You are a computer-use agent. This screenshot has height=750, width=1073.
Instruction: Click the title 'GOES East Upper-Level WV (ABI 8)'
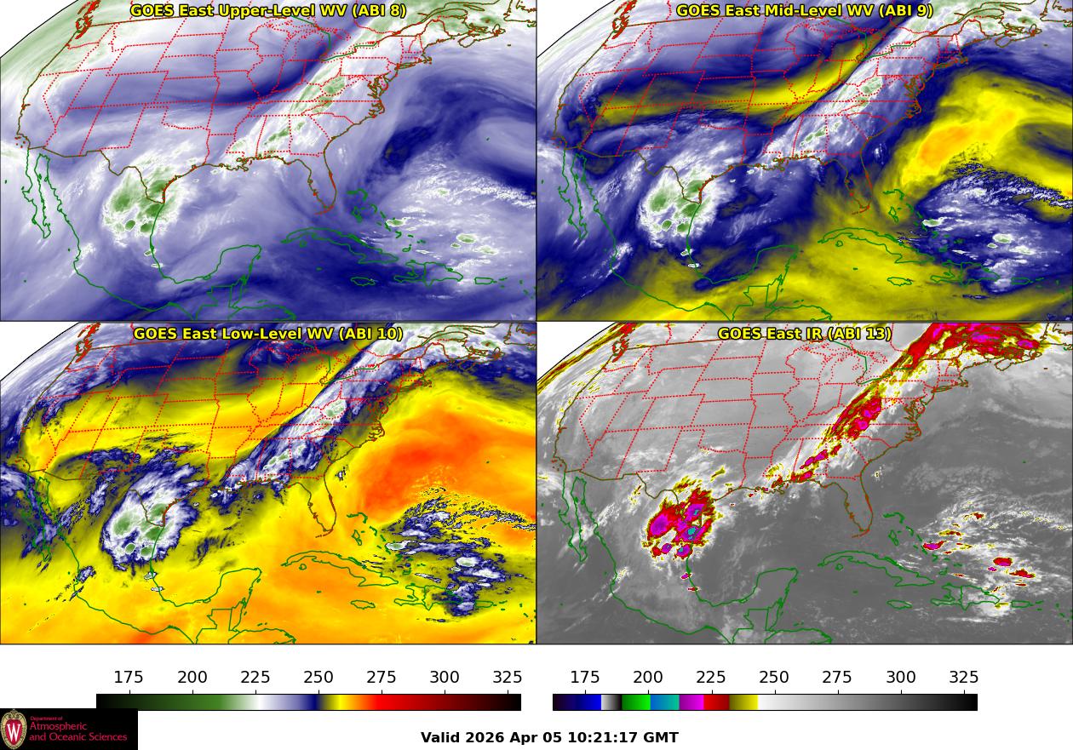coord(268,11)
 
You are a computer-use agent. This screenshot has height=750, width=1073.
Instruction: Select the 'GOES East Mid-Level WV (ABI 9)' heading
coord(805,11)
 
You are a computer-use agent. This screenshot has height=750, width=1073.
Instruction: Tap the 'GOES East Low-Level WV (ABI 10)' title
coord(268,334)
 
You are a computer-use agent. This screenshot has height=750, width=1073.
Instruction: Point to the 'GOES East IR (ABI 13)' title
coord(805,334)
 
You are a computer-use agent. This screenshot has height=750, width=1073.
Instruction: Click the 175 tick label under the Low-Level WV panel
coord(129,678)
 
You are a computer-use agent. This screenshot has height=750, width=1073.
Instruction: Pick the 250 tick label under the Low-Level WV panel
coord(318,678)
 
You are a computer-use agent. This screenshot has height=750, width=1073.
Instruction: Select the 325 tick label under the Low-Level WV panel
coord(508,678)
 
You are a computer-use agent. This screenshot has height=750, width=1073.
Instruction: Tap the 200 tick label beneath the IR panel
coord(648,678)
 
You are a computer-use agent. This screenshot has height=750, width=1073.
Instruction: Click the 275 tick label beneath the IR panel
coord(837,678)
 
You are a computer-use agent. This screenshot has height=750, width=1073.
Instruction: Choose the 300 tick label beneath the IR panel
coord(901,678)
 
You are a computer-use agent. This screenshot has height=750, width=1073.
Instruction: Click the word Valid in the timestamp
coord(441,737)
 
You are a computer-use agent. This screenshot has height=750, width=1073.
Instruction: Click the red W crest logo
coord(14,730)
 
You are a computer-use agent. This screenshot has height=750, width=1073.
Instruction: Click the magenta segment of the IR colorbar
coord(691,702)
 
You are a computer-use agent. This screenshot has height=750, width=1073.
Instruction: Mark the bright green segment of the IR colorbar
coord(634,702)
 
